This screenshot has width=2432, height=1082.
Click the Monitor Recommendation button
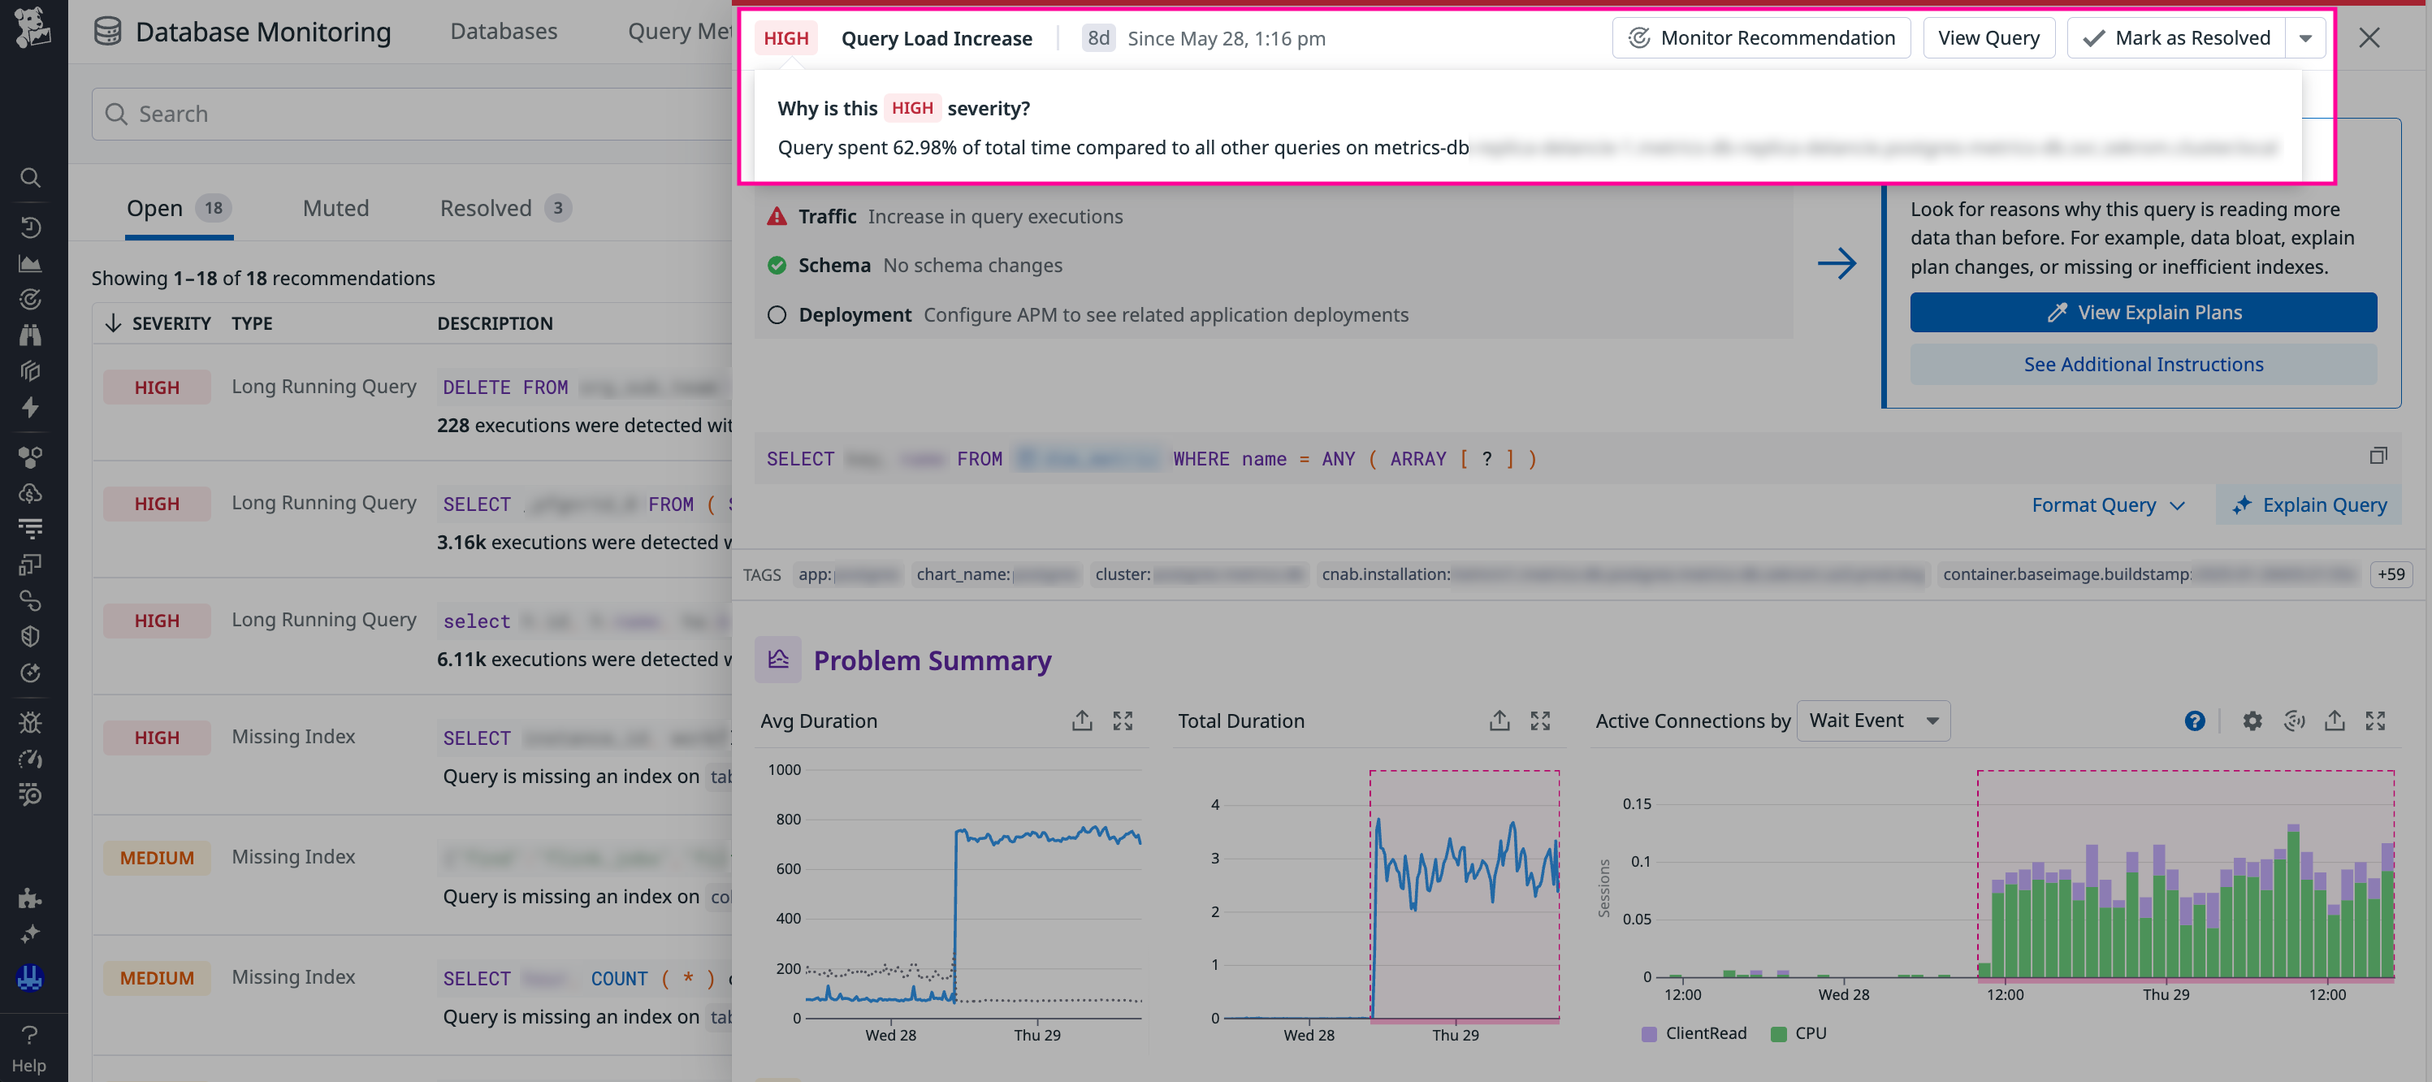pos(1761,37)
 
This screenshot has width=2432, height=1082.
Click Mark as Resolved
pos(2176,37)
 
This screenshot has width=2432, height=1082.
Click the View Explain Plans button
pos(2142,313)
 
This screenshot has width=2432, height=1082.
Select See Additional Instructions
pos(2142,365)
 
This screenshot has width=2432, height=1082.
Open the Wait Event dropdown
pos(1873,721)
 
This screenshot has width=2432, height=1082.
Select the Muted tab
pos(335,209)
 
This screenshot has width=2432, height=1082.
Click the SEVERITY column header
pos(170,324)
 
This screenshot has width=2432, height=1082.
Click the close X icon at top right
pos(2369,37)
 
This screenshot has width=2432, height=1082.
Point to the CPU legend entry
pos(1798,1033)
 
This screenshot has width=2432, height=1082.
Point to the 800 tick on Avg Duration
pos(788,820)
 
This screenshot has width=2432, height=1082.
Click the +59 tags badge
pos(2391,574)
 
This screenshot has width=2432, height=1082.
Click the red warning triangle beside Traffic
pos(776,217)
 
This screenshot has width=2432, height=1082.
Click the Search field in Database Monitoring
pos(415,115)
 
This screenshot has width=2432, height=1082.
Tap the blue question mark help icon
pos(2194,721)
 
